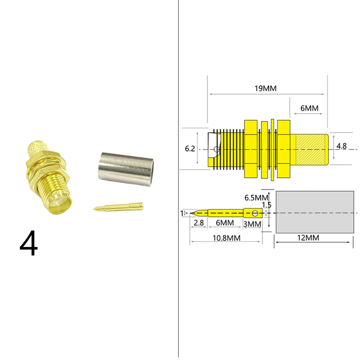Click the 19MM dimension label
[x=265, y=88]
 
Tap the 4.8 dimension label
[x=341, y=146]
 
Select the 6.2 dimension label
[x=190, y=149]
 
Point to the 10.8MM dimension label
[x=226, y=238]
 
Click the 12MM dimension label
[x=308, y=238]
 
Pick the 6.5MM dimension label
[x=256, y=198]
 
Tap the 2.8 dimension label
[x=199, y=223]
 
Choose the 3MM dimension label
[x=252, y=224]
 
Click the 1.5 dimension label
[x=267, y=205]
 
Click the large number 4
[x=29, y=243]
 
